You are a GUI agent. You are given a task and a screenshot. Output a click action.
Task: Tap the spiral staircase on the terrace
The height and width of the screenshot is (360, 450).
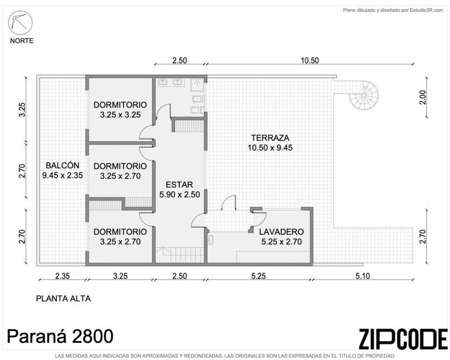[364, 95]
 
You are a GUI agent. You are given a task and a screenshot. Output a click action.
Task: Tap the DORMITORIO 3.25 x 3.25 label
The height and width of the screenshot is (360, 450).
[120, 110]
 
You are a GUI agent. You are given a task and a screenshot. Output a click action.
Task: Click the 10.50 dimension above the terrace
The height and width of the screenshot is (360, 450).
[310, 61]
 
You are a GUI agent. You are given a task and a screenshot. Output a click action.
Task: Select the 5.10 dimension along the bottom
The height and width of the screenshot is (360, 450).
[363, 276]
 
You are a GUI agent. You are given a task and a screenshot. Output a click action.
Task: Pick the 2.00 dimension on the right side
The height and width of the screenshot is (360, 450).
[423, 97]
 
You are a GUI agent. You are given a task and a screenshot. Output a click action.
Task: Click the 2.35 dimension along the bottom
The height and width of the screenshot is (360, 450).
[62, 276]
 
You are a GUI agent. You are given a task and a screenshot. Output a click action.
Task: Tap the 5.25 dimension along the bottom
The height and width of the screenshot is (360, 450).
[259, 276]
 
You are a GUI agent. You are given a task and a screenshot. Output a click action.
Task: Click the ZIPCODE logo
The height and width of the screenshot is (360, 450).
[403, 339]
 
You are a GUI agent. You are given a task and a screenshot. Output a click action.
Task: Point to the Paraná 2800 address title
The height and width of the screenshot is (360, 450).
[60, 336]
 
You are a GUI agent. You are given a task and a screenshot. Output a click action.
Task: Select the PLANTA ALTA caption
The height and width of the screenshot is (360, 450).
[63, 299]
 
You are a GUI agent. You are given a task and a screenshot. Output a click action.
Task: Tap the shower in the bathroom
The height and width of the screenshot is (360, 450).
[198, 83]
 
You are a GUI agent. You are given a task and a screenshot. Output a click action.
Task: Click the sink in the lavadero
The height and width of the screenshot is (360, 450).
[210, 239]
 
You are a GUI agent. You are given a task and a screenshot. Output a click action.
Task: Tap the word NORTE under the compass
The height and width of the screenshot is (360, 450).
[22, 41]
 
